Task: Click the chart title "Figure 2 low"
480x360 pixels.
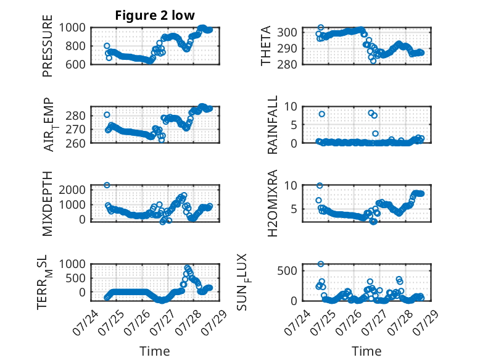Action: (155, 15)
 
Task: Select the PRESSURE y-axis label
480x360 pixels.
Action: (48, 46)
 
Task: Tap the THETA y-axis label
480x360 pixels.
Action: (266, 46)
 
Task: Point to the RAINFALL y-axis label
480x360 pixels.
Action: (273, 124)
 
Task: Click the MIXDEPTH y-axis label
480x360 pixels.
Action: (48, 204)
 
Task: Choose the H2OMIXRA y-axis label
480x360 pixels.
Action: (273, 203)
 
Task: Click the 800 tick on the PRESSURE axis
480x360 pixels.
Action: (76, 46)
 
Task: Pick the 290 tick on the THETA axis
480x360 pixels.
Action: (287, 48)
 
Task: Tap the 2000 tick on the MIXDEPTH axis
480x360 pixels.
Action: (72, 190)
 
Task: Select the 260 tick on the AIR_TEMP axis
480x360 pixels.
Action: (76, 143)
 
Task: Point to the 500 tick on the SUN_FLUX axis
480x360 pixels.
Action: (287, 271)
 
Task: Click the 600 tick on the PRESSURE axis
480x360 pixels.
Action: (76, 64)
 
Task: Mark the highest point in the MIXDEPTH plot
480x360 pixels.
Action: (107, 185)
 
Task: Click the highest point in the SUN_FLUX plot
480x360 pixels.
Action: (320, 264)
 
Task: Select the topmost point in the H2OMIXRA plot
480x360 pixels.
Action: (320, 186)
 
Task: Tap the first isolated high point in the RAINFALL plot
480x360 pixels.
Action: (321, 114)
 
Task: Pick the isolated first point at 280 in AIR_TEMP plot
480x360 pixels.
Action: (107, 115)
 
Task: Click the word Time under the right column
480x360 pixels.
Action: (366, 351)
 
